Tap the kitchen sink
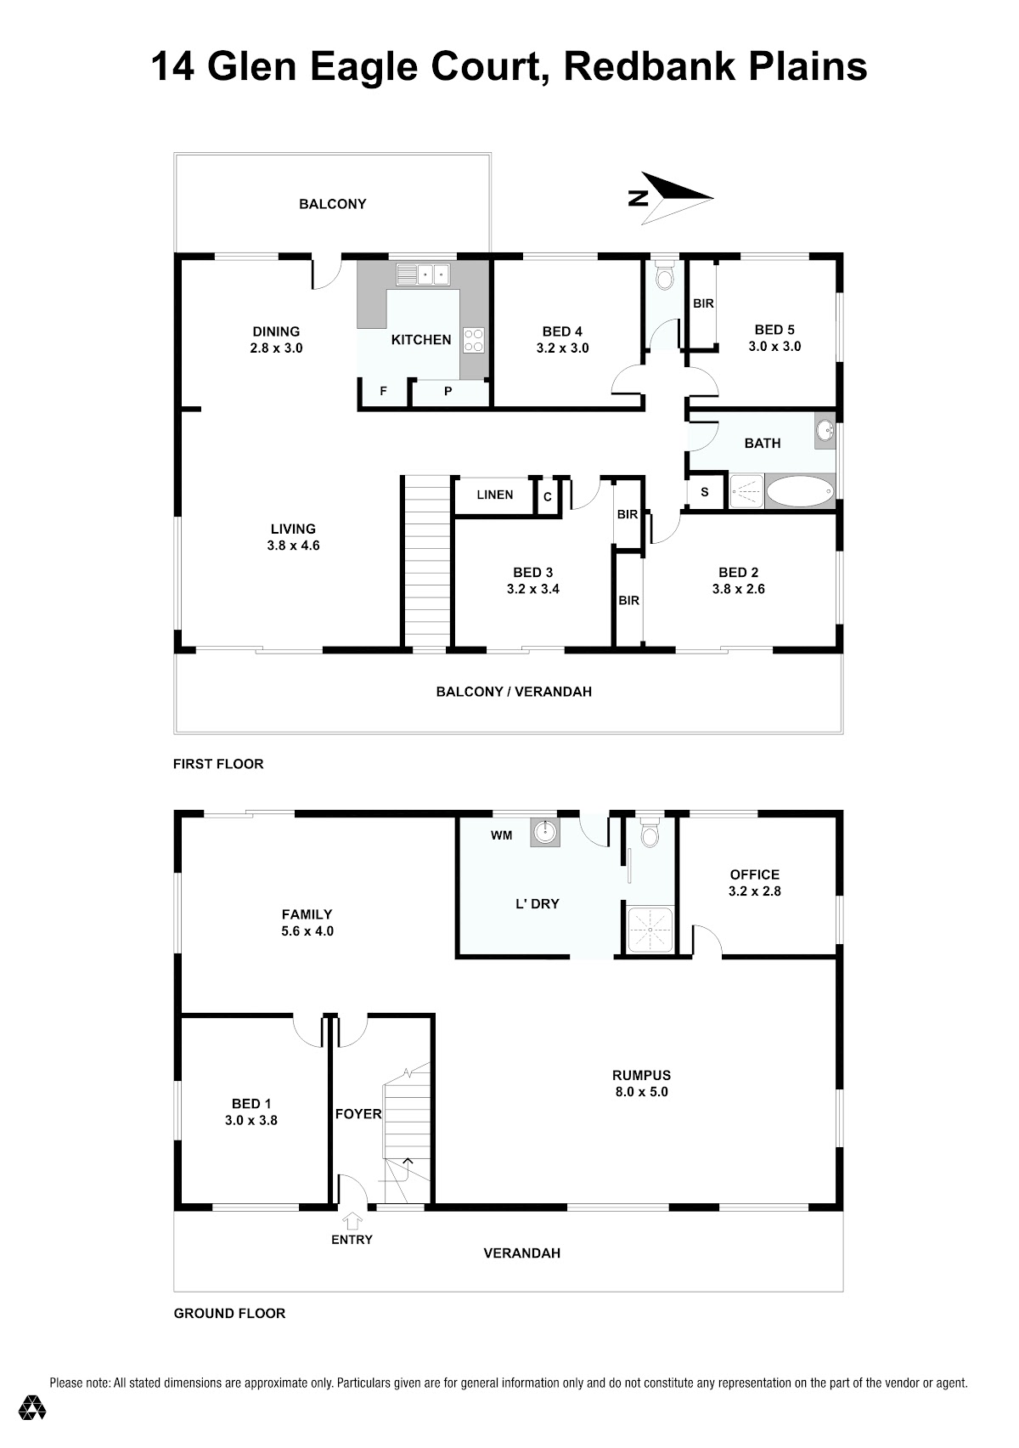[x=423, y=274]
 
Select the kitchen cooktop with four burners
[x=474, y=341]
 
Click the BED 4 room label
[x=562, y=331]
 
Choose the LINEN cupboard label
[x=495, y=495]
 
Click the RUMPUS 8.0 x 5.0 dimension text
[x=641, y=1092]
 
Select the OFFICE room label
[x=755, y=874]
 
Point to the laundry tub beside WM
[x=545, y=833]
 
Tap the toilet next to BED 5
[x=663, y=276]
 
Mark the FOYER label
[x=358, y=1114]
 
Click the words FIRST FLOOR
[x=218, y=764]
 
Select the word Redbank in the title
[x=650, y=66]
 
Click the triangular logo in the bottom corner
[x=32, y=1408]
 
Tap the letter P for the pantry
[x=448, y=391]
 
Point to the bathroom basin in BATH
[x=825, y=430]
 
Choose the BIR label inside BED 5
[x=703, y=303]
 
